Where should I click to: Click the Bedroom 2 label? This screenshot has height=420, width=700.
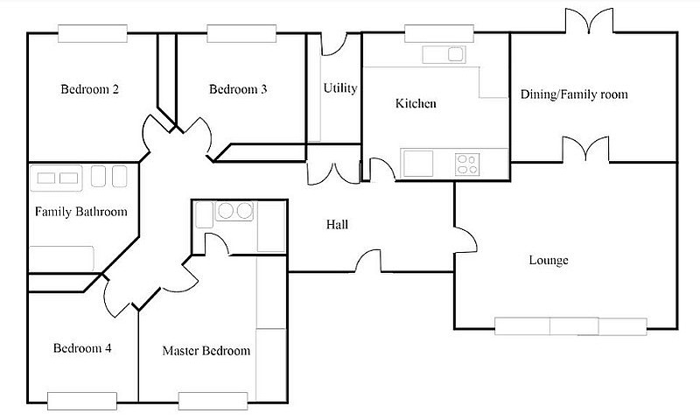(90, 89)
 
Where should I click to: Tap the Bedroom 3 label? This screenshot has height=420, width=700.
(238, 89)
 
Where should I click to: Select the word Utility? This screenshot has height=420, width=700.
(340, 87)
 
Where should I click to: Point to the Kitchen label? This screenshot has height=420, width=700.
(416, 103)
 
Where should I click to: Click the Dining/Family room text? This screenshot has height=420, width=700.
(574, 94)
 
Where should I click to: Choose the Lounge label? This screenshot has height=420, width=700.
(549, 260)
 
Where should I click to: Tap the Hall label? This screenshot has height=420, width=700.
(337, 224)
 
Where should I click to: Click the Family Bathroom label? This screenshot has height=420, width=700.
(81, 211)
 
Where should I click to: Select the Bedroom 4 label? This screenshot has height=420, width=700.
(82, 347)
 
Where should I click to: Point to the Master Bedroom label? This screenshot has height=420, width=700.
(206, 350)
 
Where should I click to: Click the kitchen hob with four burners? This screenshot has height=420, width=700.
(467, 164)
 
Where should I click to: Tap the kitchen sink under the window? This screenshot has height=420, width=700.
(444, 54)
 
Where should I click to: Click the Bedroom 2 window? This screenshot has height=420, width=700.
(93, 34)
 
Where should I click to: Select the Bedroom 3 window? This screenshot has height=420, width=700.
(241, 34)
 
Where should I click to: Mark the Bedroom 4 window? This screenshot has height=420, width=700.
(82, 401)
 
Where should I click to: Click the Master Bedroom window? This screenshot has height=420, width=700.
(213, 401)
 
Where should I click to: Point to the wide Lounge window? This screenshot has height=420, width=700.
(571, 326)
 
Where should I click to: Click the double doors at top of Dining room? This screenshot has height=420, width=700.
(589, 20)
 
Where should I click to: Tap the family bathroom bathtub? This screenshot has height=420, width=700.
(61, 258)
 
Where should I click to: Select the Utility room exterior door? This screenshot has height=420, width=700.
(334, 43)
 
